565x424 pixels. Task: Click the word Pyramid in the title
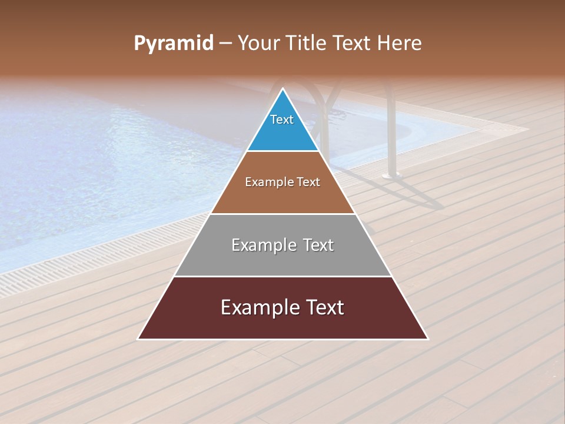pos(173,44)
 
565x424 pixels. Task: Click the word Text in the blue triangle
pos(282,120)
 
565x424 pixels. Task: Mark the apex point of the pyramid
pos(283,89)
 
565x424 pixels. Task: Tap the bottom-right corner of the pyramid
pos(427,339)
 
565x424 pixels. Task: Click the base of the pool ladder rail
pos(391,175)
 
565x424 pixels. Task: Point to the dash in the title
pos(225,44)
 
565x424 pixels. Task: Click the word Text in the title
pos(351,44)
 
